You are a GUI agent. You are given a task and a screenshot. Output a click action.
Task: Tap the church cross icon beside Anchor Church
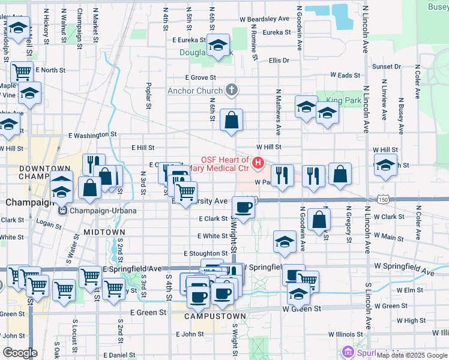click(x=232, y=91)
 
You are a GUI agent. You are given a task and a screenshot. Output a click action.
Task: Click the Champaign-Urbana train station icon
click(x=62, y=211)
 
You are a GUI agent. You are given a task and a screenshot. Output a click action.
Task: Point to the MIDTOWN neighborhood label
click(x=104, y=232)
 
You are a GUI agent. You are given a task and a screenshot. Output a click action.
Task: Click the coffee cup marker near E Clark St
click(x=243, y=207)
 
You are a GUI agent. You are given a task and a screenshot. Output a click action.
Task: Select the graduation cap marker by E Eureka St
click(x=218, y=44)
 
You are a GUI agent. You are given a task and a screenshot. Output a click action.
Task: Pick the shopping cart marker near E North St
click(x=22, y=73)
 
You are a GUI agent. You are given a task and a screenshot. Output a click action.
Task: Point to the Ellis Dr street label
click(x=279, y=61)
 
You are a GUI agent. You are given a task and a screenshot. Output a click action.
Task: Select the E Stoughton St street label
click(x=205, y=254)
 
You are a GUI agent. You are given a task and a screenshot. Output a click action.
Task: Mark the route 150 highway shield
click(x=383, y=199)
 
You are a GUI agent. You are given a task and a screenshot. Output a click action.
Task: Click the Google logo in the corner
click(x=20, y=353)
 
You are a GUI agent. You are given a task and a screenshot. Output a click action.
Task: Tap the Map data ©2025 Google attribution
click(x=411, y=355)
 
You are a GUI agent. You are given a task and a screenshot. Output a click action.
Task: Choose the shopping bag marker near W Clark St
click(x=320, y=220)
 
